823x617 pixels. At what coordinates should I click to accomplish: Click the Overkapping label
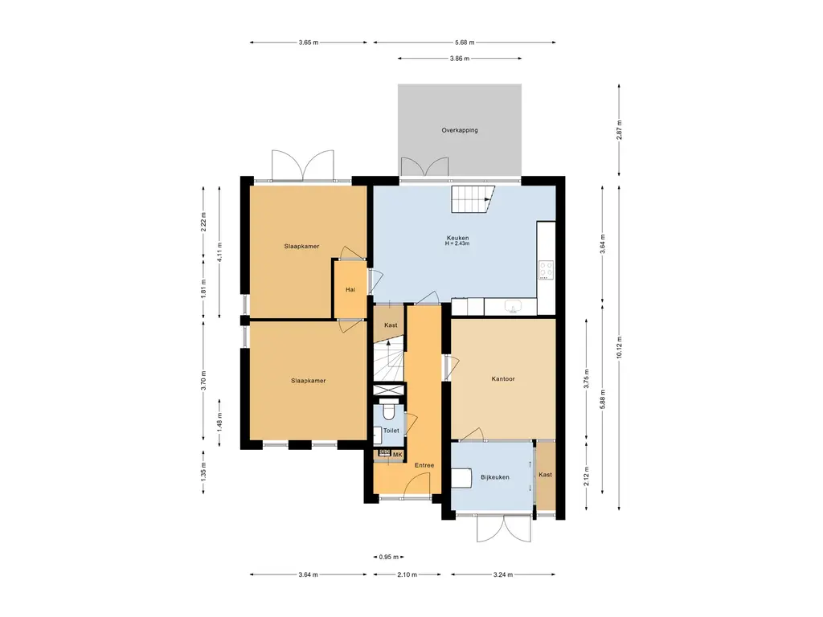point(459,130)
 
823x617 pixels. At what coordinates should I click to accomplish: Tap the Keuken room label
point(457,238)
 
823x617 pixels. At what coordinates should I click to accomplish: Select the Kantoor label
point(503,379)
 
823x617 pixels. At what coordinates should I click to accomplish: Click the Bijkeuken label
point(495,477)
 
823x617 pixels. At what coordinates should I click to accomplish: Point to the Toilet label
point(391,431)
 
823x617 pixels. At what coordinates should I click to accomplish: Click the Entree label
point(424,465)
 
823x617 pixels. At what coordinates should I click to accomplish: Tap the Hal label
point(350,289)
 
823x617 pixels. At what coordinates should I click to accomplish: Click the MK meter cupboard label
point(397,455)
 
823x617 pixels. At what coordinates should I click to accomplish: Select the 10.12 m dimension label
point(619,347)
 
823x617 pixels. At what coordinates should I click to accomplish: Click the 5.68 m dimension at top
point(465,43)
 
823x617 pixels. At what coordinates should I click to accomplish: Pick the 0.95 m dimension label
point(389,558)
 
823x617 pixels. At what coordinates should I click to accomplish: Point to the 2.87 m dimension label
point(619,129)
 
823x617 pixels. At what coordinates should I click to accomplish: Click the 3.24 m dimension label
point(503,574)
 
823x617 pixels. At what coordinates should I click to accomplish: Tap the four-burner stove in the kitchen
point(546,270)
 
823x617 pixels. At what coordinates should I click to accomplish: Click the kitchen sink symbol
point(512,306)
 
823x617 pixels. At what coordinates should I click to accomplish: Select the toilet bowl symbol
point(389,411)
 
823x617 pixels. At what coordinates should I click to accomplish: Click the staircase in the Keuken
point(473,199)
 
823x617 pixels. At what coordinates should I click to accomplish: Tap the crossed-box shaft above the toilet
point(389,390)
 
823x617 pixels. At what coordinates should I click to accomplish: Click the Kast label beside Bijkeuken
point(546,475)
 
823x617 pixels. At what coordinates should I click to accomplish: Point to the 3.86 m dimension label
point(459,59)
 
